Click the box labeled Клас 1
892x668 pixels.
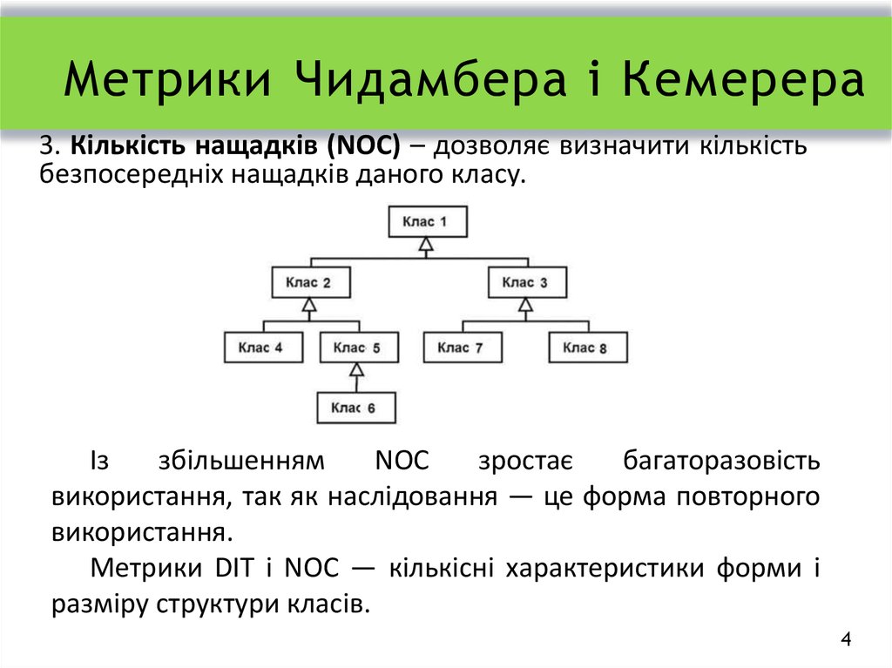[427, 221]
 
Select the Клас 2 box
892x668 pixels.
[309, 282]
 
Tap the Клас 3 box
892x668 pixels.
[525, 282]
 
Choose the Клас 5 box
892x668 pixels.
[357, 347]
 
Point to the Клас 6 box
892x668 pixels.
[355, 408]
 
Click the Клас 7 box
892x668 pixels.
[462, 347]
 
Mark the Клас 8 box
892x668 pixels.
[586, 347]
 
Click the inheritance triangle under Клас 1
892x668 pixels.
[426, 246]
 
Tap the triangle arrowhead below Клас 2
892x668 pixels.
[309, 306]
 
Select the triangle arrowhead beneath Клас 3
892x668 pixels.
[525, 306]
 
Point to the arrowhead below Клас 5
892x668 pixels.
[356, 371]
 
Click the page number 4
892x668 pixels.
[846, 641]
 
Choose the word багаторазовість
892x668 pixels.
[721, 461]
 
